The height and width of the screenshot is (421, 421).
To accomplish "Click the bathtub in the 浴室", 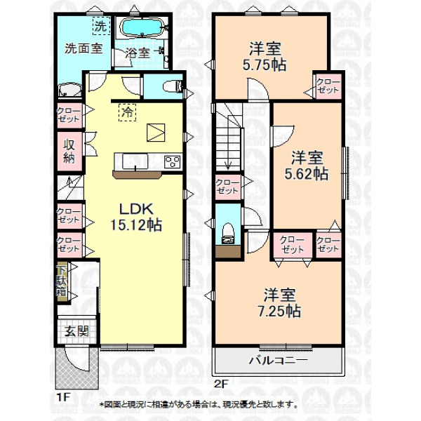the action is click(142, 27).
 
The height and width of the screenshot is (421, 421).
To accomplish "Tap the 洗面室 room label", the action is click(83, 48).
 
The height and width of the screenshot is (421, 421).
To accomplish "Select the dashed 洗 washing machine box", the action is click(102, 26).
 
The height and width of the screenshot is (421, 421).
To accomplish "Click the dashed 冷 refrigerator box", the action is click(127, 112).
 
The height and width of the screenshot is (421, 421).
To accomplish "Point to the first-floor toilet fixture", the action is click(173, 86).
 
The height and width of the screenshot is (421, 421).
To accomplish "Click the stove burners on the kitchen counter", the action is click(173, 162).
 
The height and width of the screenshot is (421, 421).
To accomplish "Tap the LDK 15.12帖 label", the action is click(136, 217).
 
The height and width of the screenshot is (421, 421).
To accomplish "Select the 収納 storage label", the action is click(69, 152).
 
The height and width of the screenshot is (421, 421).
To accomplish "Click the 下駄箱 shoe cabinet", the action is click(62, 281).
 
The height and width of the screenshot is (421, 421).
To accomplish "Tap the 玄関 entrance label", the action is click(76, 331).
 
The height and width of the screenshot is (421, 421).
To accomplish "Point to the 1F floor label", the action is click(63, 397).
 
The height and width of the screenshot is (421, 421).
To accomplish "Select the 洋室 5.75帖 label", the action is click(265, 56).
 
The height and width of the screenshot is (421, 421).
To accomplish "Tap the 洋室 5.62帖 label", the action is click(307, 166).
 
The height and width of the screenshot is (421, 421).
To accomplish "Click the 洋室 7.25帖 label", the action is click(279, 303).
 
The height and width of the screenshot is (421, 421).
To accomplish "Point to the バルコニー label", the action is click(278, 360).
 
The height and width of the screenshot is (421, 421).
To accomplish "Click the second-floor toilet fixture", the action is click(228, 233).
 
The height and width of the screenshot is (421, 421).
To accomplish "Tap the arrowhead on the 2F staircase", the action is click(228, 166).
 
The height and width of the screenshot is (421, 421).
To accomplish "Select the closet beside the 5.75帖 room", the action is click(328, 86).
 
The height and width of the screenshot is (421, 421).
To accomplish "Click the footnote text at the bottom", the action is click(199, 404).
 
